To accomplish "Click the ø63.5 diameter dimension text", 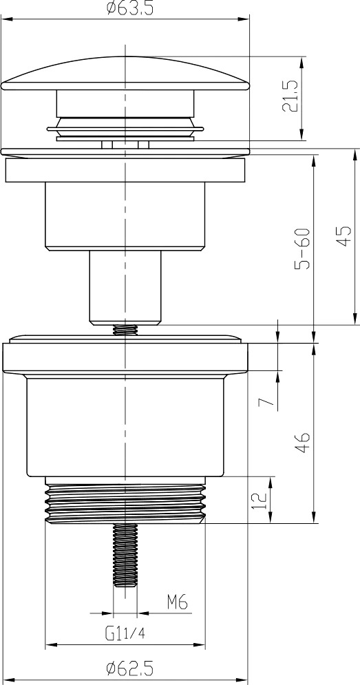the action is coord(130,9).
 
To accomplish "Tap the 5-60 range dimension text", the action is coord(302,248).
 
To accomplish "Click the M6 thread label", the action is coord(177,603).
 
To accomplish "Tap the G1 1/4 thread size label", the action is coord(125,633).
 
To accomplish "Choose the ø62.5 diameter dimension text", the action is coord(130,668).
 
